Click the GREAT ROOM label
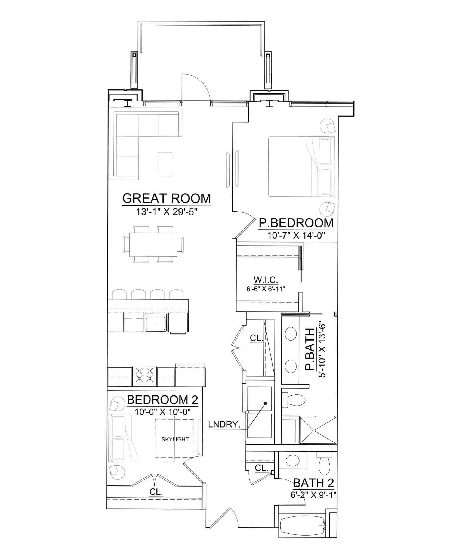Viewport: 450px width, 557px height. click(167, 198)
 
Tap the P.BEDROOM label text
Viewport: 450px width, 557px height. click(296, 223)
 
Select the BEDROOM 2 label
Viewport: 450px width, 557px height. click(162, 400)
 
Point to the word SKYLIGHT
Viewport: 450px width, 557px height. click(175, 439)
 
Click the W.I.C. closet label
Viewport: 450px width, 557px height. click(266, 280)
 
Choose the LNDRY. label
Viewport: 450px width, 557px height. click(224, 425)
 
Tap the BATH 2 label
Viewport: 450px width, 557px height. click(313, 483)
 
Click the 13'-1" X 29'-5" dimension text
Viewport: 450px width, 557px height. click(166, 212)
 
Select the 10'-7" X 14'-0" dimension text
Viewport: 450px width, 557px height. click(296, 235)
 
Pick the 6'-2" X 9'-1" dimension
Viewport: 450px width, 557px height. click(313, 495)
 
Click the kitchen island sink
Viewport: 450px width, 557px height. click(156, 322)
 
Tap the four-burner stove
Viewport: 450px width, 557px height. click(144, 376)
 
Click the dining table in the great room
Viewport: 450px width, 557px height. click(153, 245)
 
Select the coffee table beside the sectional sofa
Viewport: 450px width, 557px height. click(165, 164)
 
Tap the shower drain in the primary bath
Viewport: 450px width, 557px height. click(314, 431)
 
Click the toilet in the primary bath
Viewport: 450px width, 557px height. click(293, 400)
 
